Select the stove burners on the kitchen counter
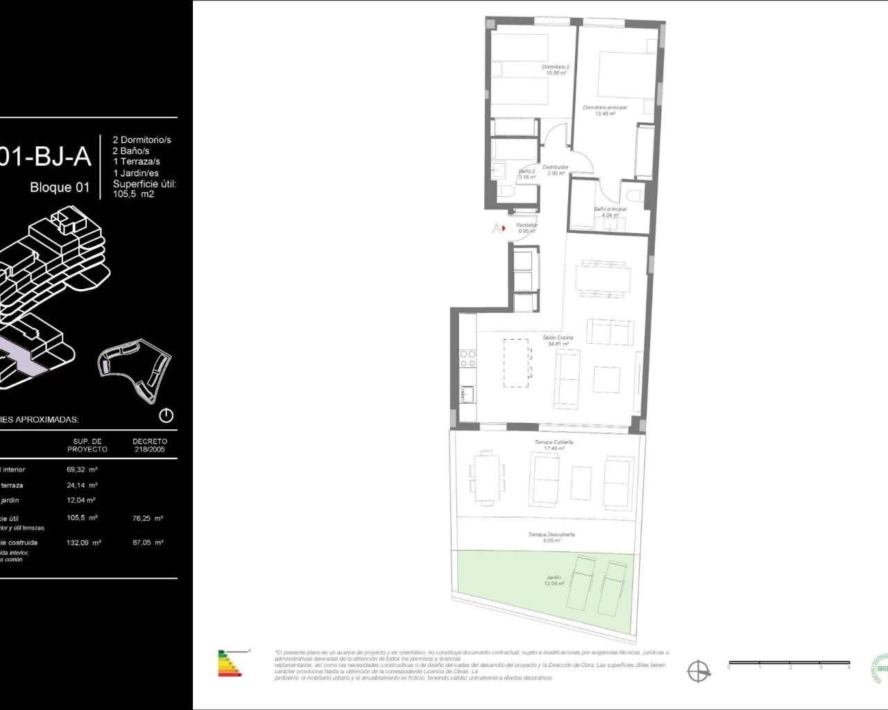(x=468, y=358)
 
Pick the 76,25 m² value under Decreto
(x=149, y=518)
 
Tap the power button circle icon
(x=166, y=416)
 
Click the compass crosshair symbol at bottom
(x=698, y=670)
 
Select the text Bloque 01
(x=60, y=187)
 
